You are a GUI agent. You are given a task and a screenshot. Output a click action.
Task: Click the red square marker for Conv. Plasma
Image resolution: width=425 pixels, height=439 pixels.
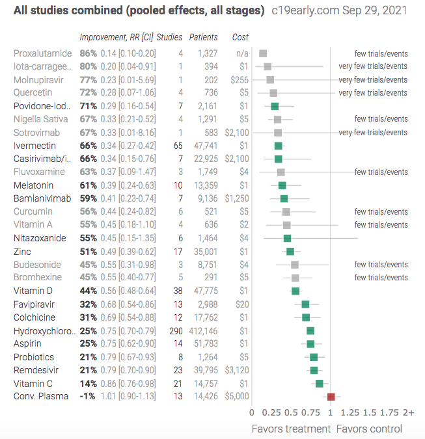[331, 397]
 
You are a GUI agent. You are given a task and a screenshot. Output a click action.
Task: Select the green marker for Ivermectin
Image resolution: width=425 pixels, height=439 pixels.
[278, 146]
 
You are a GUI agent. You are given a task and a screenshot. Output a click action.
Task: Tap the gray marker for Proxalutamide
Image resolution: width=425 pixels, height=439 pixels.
[263, 53]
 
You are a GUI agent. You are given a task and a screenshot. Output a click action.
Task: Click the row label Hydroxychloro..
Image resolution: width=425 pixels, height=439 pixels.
[44, 331]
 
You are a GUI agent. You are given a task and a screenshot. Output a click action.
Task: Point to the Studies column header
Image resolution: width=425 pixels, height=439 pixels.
[169, 37]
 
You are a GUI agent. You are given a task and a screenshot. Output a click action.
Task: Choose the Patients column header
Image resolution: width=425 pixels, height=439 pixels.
[204, 37]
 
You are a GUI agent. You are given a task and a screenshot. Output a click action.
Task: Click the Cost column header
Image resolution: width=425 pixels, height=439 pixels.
[240, 37]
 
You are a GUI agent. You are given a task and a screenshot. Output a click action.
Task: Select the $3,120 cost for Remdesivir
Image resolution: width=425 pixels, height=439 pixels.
[237, 370]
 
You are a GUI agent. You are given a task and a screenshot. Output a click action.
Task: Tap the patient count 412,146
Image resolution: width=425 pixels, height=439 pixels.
[203, 331]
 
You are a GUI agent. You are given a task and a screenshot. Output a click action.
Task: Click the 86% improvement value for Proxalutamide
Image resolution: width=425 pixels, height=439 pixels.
[89, 53]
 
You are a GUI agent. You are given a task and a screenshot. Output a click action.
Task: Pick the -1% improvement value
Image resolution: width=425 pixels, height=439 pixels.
[87, 396]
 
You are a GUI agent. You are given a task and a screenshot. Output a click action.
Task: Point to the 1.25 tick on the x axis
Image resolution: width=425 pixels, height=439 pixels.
[350, 412]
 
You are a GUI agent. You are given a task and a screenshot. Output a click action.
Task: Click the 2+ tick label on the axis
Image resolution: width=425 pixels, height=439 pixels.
[409, 412]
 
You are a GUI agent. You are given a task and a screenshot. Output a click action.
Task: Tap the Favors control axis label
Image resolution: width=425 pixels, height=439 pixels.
[369, 429]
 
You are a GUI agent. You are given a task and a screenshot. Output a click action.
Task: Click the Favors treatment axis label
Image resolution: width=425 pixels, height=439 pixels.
[291, 429]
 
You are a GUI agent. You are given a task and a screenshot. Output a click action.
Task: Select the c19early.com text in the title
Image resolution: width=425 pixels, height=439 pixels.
[305, 10]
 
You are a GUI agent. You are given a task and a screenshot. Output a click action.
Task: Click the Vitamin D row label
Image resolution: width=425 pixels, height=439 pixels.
[33, 291]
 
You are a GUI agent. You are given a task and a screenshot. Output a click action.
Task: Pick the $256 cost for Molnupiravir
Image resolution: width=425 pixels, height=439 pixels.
[240, 80]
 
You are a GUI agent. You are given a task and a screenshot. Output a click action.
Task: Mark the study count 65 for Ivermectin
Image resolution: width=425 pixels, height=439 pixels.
[178, 146]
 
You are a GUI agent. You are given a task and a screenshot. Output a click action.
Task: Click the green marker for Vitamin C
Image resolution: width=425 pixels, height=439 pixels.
[320, 384]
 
